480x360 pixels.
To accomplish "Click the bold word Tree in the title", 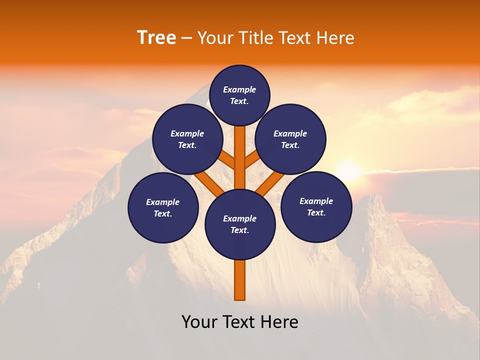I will tap(156, 37).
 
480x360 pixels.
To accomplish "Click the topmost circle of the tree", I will tap(239, 95).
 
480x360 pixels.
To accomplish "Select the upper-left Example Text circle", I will tap(187, 139).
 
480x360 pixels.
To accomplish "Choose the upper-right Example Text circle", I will tap(290, 139).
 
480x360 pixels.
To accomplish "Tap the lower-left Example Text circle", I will tap(163, 207).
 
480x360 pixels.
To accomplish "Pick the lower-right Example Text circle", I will tap(316, 206).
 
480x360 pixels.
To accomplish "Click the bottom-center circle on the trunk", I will tap(240, 224).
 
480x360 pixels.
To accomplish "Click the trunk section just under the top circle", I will tap(240, 142).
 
